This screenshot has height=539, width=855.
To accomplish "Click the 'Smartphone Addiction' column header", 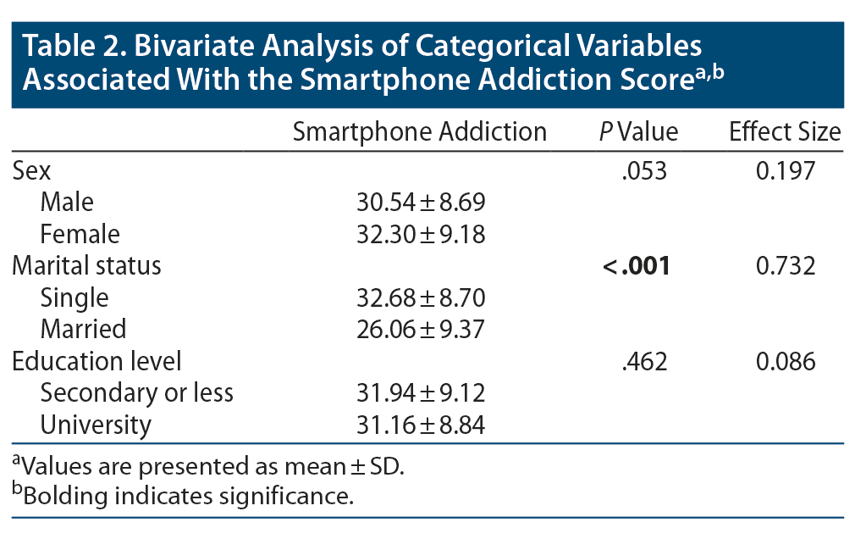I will tap(419, 132).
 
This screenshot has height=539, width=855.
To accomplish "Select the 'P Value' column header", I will tap(638, 132).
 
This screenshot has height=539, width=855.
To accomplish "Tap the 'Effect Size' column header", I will tap(785, 132).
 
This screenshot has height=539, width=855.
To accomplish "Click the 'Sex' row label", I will tap(31, 170).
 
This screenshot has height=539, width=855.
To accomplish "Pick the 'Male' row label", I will tap(67, 203).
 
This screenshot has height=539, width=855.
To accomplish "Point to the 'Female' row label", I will tap(80, 234).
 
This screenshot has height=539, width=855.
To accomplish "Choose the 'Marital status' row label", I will tap(86, 265).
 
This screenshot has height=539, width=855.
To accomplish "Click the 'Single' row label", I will tap(74, 297).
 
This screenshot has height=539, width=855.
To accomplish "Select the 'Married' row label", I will tap(83, 329).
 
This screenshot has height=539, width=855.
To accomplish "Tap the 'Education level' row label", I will tap(97, 361).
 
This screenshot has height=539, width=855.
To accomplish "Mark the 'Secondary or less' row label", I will tap(137, 393).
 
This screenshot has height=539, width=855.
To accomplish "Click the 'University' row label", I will tap(96, 425).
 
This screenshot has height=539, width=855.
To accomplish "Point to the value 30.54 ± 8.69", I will tap(419, 203).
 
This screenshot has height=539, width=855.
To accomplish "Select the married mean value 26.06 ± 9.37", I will tap(419, 329).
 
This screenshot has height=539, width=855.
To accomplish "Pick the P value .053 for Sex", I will tap(643, 170).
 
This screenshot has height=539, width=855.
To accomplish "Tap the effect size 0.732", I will tap(785, 266).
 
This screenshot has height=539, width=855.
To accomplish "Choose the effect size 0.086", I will tap(785, 361).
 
